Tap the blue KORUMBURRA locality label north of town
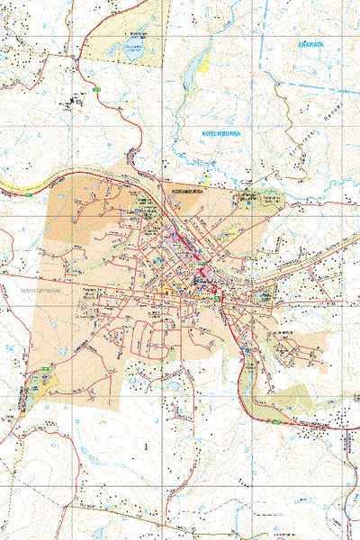(221, 133)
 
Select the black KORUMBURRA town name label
(185, 192)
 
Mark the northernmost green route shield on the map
(95, 90)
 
